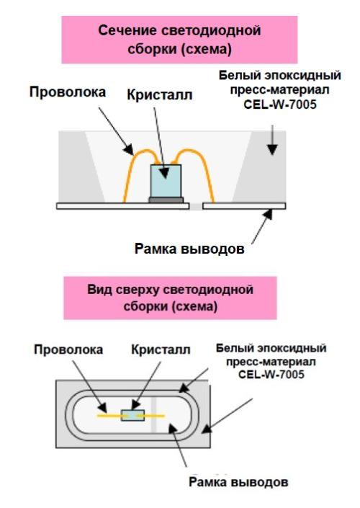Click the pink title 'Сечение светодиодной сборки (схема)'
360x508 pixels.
[x=179, y=40]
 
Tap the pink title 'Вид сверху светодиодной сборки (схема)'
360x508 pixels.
[x=171, y=298]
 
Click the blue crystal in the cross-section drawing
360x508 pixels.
[x=166, y=181]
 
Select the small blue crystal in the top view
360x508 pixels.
[x=132, y=415]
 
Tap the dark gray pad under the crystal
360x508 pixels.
[x=166, y=200]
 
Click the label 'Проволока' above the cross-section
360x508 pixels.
[x=68, y=92]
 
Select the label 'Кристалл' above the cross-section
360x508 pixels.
[x=160, y=95]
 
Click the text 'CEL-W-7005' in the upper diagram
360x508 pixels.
[x=279, y=104]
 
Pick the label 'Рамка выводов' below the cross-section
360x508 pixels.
[x=189, y=249]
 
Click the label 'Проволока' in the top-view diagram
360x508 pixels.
[x=68, y=349]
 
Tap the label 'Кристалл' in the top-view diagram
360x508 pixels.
[x=161, y=349]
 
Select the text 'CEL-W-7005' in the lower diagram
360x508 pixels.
[x=271, y=375]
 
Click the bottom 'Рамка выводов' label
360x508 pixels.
[x=238, y=482]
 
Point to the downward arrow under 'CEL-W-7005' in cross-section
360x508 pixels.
[x=273, y=140]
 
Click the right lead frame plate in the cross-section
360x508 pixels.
[x=244, y=206]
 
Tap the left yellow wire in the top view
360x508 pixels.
[x=109, y=415]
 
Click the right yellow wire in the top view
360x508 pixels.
[x=154, y=415]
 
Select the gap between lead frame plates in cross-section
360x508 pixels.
[x=196, y=206]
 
